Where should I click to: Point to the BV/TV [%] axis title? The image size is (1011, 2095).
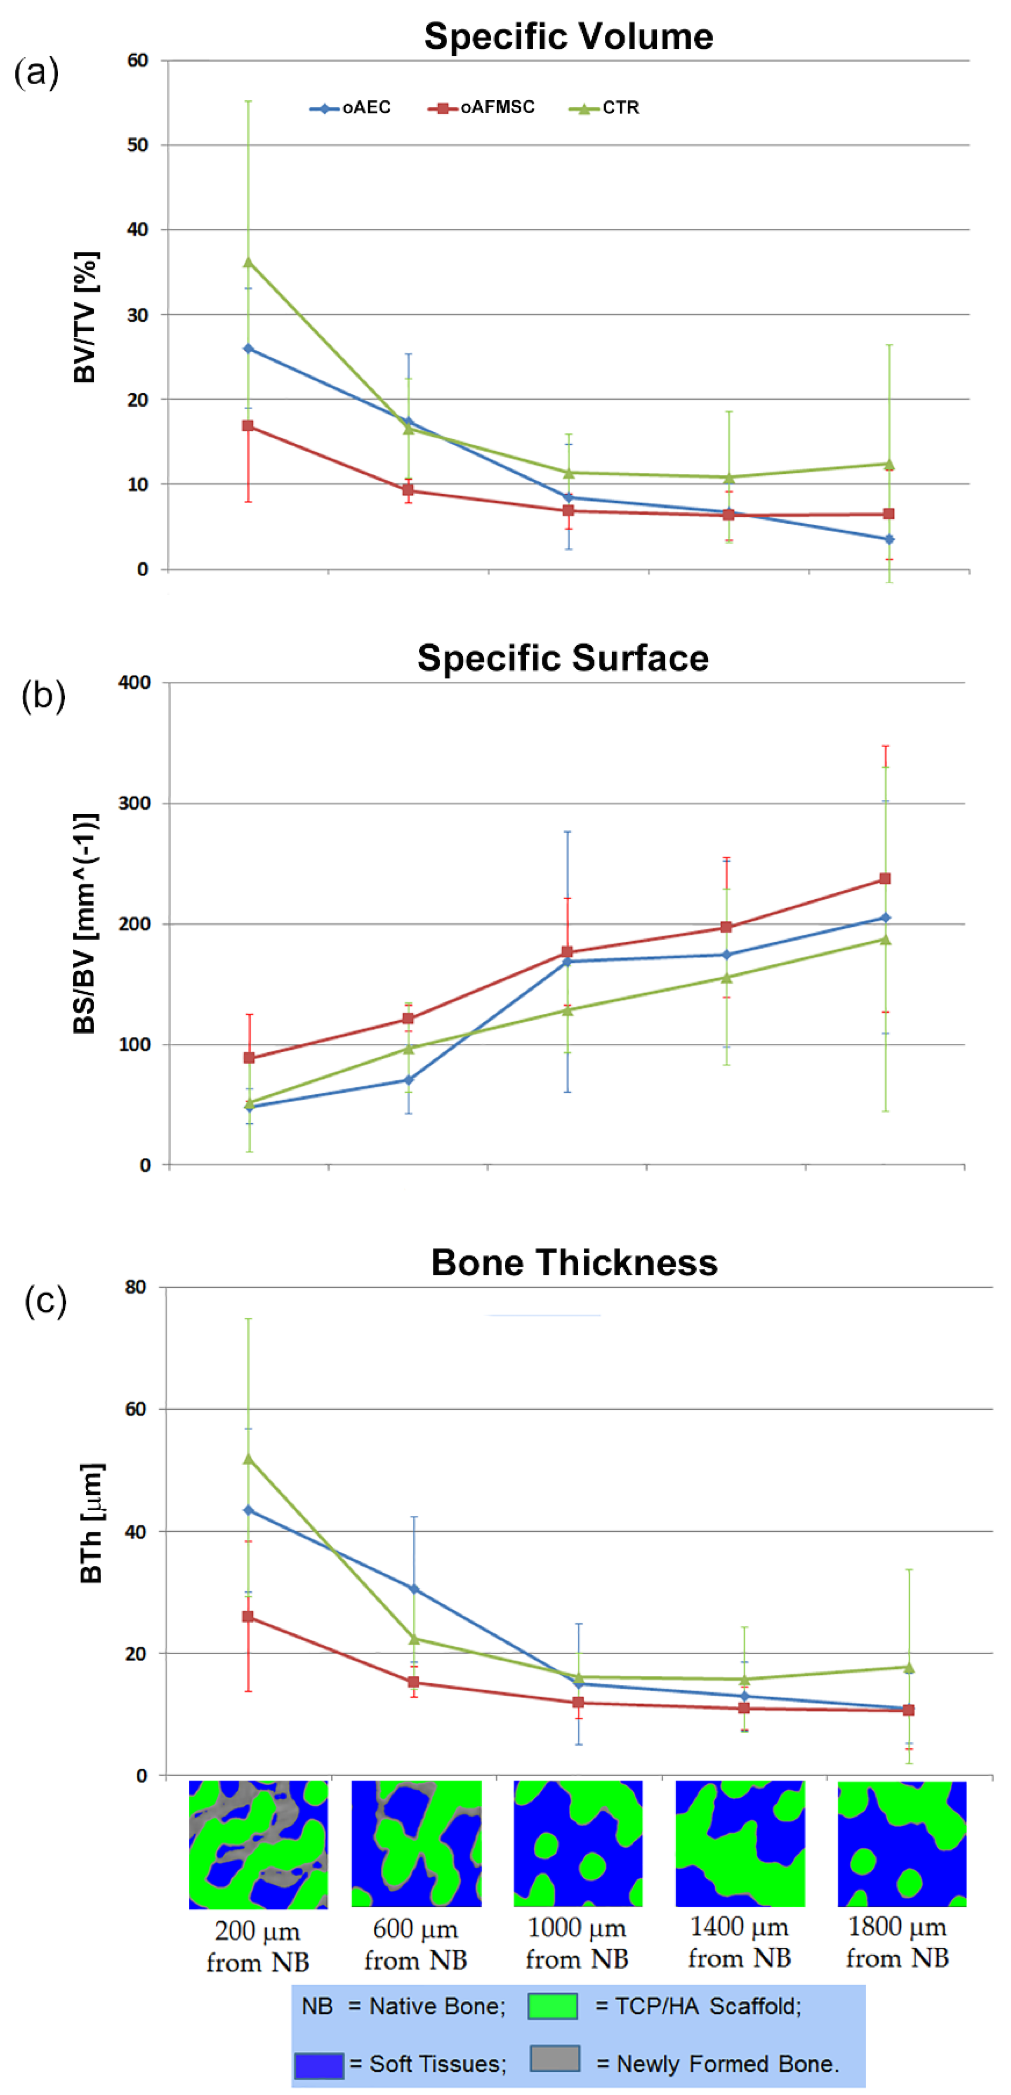click(x=85, y=317)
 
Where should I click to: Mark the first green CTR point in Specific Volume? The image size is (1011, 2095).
click(x=248, y=262)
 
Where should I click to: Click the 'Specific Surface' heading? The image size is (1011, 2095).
click(x=563, y=658)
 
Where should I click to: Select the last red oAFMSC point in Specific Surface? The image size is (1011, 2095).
click(x=885, y=878)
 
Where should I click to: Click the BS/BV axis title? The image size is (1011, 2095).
click(x=85, y=923)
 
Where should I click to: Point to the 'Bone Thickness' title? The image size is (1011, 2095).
click(x=574, y=1262)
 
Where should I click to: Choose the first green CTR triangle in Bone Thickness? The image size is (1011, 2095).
click(x=248, y=1458)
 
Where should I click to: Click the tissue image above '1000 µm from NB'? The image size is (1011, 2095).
click(x=577, y=1844)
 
